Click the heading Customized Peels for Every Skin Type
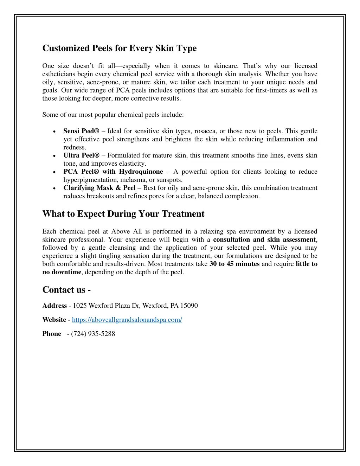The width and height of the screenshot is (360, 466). [120, 48]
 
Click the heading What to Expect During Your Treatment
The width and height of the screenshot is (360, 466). [123, 214]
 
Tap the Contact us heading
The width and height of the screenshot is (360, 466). [66, 290]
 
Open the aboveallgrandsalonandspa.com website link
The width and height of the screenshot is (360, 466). [127, 320]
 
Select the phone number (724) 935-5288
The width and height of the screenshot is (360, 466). [93, 334]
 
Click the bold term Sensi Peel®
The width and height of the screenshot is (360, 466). [81, 131]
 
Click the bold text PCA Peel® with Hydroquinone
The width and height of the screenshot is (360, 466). [113, 172]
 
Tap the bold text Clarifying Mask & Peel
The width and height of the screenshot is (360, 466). [99, 188]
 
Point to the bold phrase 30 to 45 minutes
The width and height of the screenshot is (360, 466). [234, 264]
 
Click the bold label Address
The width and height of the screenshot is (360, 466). [54, 306]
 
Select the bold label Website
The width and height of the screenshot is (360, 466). [54, 320]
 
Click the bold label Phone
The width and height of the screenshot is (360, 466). [52, 334]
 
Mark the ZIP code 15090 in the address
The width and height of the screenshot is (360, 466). [189, 306]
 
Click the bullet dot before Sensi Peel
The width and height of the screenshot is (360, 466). [53, 132]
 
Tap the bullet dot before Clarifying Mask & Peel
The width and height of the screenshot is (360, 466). [53, 188]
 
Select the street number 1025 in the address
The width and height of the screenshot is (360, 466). [80, 306]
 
